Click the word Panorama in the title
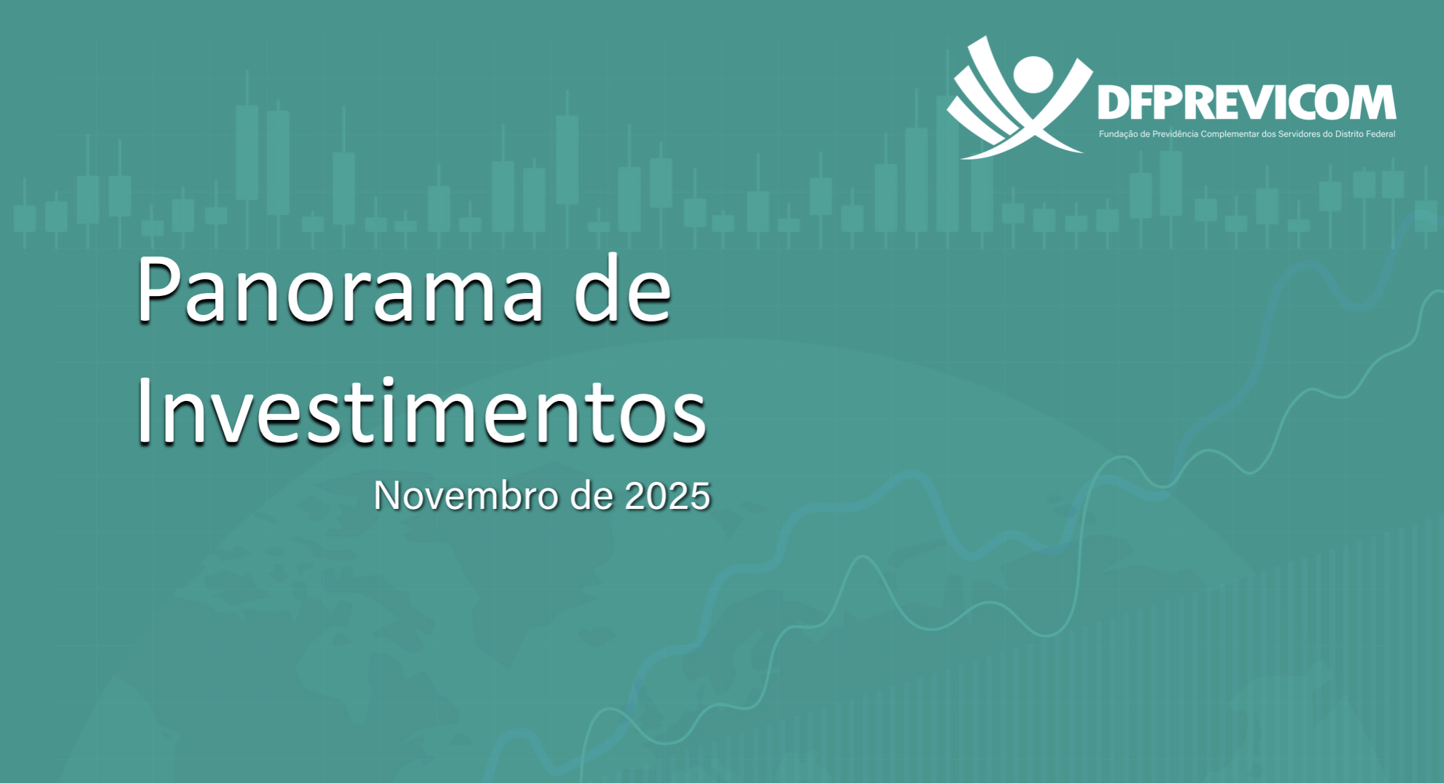(x=339, y=289)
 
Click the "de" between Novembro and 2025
(x=591, y=496)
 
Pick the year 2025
(x=667, y=496)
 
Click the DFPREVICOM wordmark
(x=1246, y=102)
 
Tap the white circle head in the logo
(x=1033, y=74)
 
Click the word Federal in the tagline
(x=1381, y=134)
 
